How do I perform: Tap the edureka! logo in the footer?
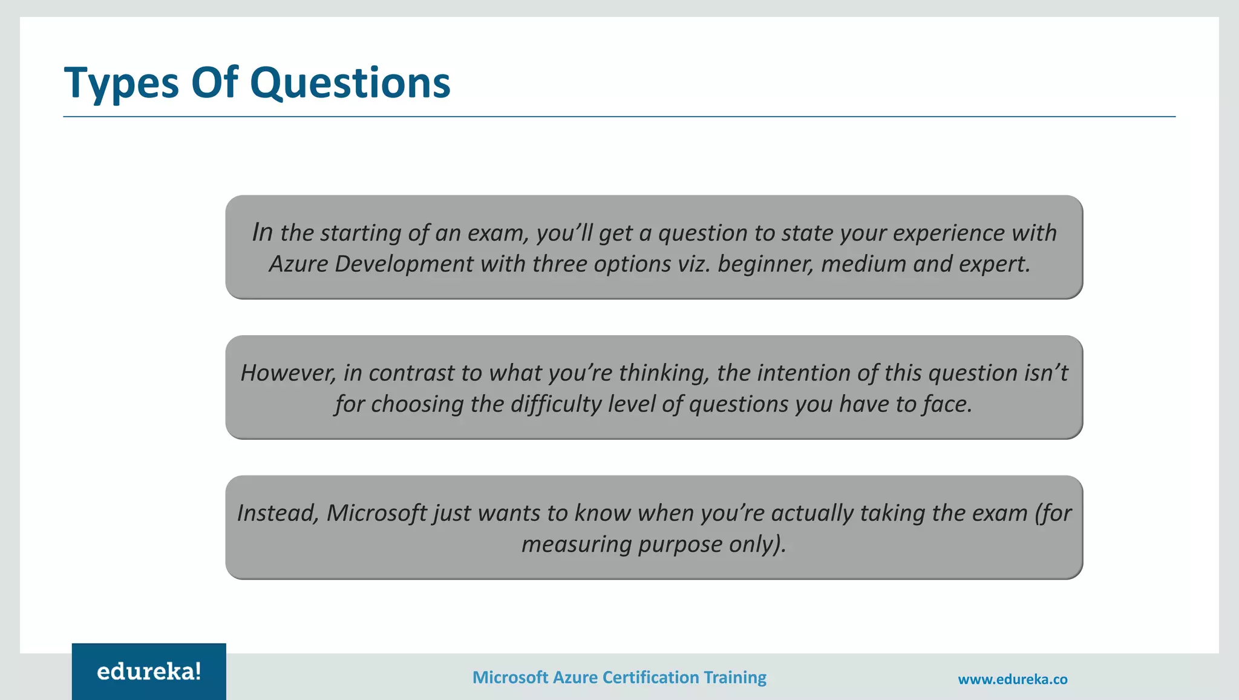tap(149, 672)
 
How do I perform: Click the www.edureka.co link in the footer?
tap(1012, 679)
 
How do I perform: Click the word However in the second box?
tap(288, 373)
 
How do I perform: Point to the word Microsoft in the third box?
tap(377, 514)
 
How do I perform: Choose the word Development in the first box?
tap(404, 264)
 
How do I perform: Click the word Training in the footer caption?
tap(735, 678)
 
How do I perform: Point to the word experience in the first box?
tap(948, 234)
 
